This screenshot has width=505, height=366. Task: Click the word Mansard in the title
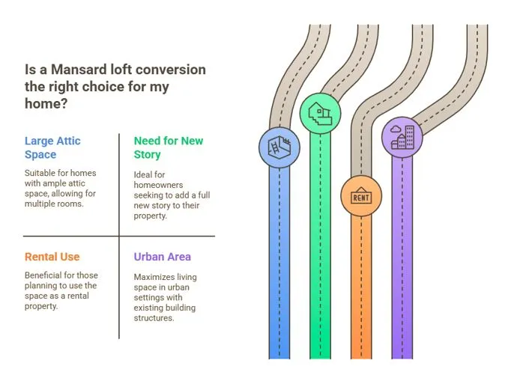(79, 70)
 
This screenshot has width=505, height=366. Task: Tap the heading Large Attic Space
(52, 147)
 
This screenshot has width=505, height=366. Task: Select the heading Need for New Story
(169, 147)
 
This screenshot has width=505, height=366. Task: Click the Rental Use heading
(52, 257)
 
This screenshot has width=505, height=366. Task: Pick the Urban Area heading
(163, 257)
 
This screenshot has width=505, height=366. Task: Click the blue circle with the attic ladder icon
(279, 147)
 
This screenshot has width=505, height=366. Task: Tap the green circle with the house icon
(320, 114)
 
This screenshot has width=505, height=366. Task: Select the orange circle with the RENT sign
(361, 196)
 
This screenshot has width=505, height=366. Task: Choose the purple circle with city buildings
(402, 137)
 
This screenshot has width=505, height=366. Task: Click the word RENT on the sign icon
(361, 198)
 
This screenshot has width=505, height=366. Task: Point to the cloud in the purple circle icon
(395, 129)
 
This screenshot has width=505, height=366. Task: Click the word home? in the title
(46, 103)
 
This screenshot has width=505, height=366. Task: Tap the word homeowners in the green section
(158, 185)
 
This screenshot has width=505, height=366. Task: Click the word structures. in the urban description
(154, 318)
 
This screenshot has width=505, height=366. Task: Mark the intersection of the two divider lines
(119, 236)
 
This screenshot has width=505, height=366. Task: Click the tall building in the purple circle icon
(409, 137)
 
